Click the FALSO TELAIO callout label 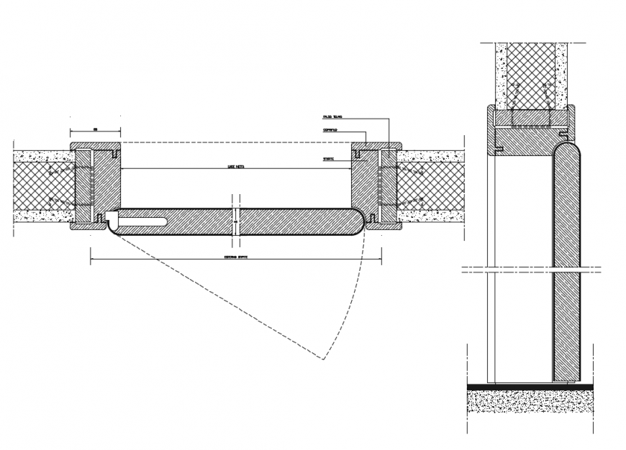point(332,116)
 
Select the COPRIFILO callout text point(330,131)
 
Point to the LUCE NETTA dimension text point(235,166)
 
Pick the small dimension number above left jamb point(95,129)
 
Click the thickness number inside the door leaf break point(235,223)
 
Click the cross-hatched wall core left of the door point(43,185)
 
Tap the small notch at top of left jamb point(114,152)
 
